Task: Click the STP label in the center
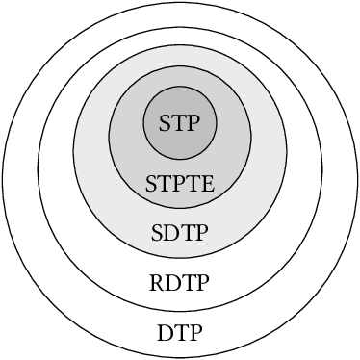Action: (x=180, y=124)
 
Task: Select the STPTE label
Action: (x=180, y=183)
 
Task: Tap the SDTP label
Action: (x=180, y=234)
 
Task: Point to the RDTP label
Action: (x=180, y=284)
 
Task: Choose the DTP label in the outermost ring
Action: (x=180, y=334)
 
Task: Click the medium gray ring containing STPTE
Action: (x=125, y=144)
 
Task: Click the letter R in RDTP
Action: (x=158, y=284)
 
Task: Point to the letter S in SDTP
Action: (x=158, y=234)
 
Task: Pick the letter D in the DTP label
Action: (x=165, y=334)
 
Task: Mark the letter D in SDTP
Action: (x=172, y=234)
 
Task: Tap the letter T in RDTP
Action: (x=188, y=284)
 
